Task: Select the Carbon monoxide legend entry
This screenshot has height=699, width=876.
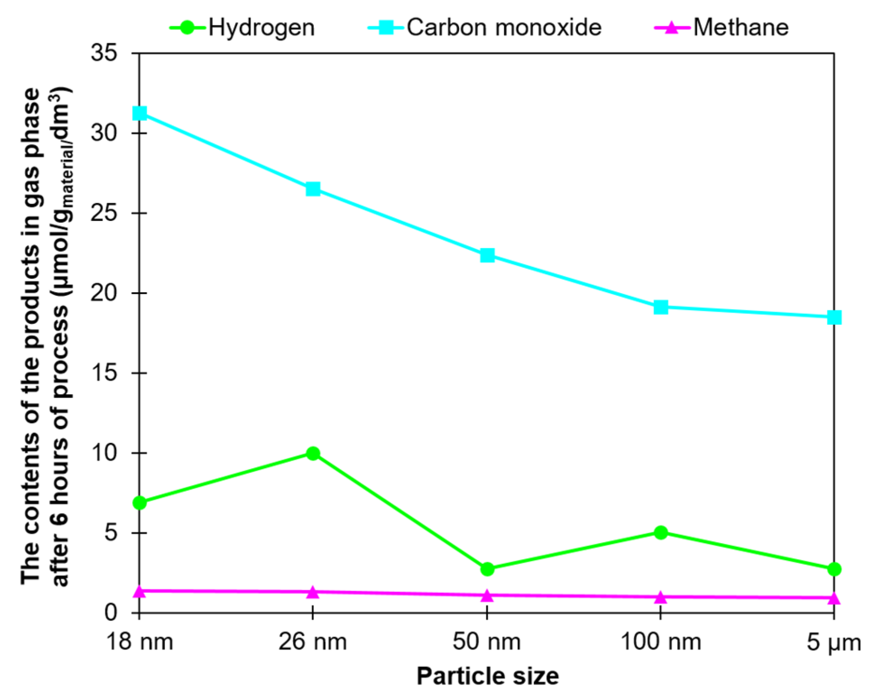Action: [x=485, y=28]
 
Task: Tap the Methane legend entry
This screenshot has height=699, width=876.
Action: [x=722, y=28]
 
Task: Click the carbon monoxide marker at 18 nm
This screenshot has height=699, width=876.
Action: [x=140, y=113]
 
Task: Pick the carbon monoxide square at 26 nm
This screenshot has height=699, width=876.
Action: [x=313, y=189]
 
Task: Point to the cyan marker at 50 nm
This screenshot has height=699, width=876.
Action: [x=487, y=255]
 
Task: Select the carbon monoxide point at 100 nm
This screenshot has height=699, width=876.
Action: [x=661, y=308]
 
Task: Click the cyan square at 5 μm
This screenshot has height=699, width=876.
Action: [x=834, y=317]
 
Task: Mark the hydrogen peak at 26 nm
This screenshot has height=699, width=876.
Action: [x=313, y=453]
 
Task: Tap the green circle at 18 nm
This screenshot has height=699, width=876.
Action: [x=140, y=502]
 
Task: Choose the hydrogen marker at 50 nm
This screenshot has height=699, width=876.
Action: [x=487, y=569]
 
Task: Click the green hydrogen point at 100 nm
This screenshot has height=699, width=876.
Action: [x=661, y=533]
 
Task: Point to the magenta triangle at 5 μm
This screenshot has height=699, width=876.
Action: [x=834, y=598]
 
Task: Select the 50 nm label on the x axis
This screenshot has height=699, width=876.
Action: [x=487, y=641]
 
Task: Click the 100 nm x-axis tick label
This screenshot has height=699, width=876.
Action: [x=661, y=641]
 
